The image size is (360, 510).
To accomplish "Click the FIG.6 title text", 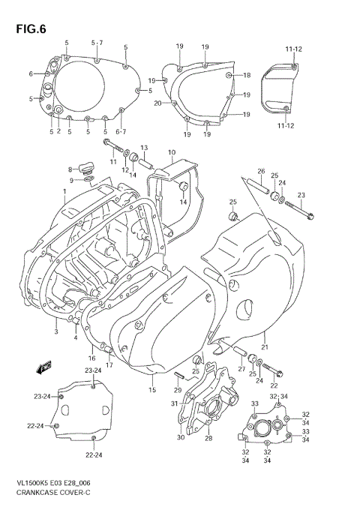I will tap(30, 29).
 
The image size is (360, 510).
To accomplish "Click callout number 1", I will tap(64, 191).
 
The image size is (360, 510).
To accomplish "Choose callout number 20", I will tap(158, 103).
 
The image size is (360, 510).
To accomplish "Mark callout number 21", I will tap(264, 347).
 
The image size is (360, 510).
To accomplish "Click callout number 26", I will tap(262, 171).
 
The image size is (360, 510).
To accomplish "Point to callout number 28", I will tap(209, 438).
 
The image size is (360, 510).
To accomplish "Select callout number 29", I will tap(178, 390).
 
